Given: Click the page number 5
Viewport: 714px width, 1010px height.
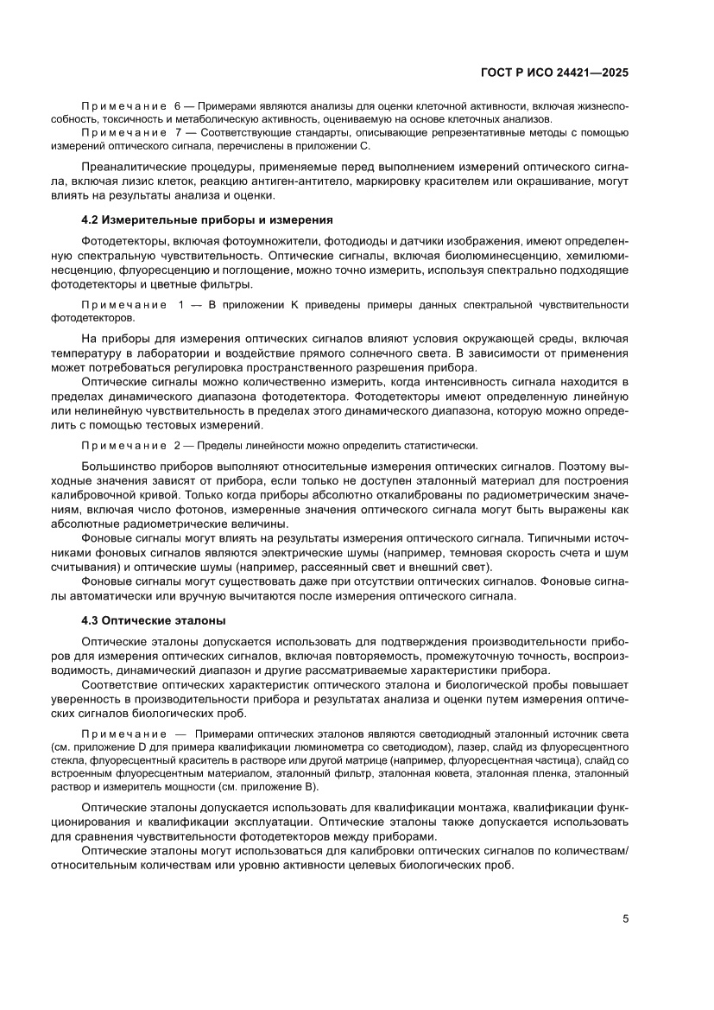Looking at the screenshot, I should (624, 918).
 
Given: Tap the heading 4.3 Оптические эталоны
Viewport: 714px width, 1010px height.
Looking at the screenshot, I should (153, 619).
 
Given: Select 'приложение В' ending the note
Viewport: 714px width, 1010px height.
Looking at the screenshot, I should (280, 787).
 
